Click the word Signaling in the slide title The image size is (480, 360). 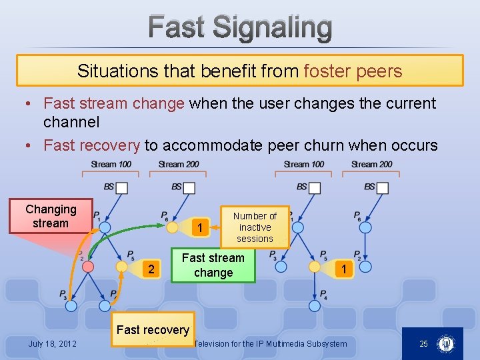pos(273,28)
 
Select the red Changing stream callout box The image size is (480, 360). pos(51,217)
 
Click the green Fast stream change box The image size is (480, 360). pos(213,265)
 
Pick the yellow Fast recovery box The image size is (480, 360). pos(153,329)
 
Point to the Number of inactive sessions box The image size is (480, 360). pos(255,227)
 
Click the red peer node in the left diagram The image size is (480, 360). pos(88,267)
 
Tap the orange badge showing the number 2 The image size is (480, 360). pos(151,269)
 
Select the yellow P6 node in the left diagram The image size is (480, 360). pos(172,227)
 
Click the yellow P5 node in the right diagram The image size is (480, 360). pos(315,267)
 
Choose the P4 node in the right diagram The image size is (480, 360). pos(315,305)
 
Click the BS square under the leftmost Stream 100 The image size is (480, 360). pos(121,188)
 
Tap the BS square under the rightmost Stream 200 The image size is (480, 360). pos(382,188)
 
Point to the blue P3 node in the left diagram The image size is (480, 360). pos(71,305)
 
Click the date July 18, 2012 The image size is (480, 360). pos(52,344)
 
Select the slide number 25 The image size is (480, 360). pos(423,344)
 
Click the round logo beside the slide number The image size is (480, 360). pos(446,344)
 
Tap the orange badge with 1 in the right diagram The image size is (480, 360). pos(343,269)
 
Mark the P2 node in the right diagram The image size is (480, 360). pos(365,267)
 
